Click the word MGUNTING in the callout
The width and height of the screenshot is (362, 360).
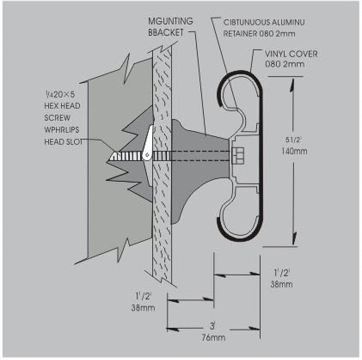coord(171,21)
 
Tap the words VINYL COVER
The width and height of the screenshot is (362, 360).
coord(291,54)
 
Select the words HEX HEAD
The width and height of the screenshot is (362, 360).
coord(62,106)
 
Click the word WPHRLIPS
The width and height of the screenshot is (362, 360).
coord(62,129)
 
